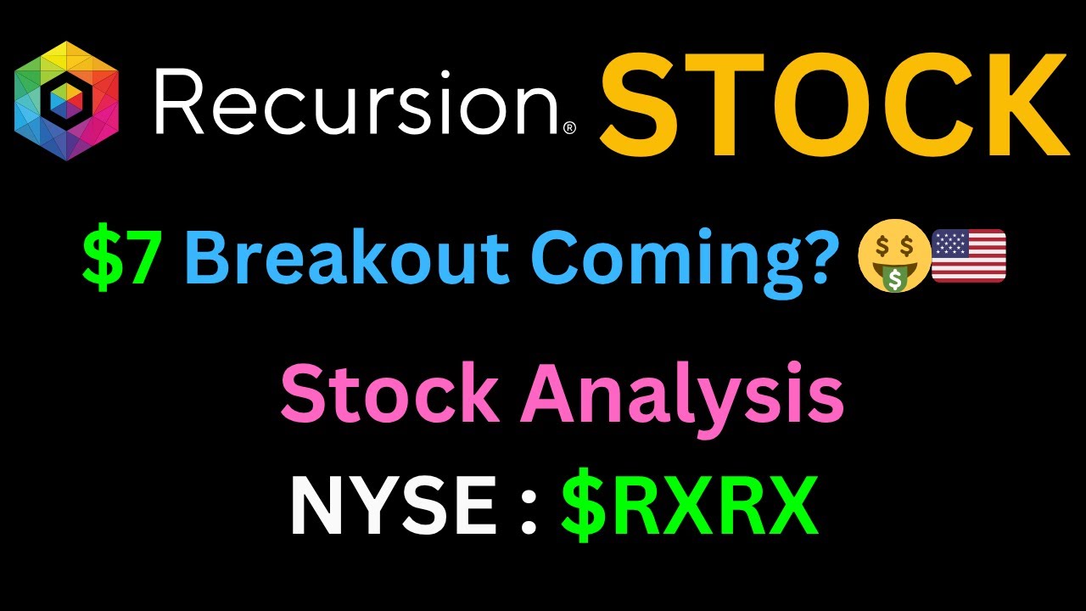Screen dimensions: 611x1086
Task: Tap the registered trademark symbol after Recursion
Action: [569, 127]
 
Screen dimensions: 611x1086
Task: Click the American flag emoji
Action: [968, 256]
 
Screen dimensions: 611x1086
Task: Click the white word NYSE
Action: [393, 505]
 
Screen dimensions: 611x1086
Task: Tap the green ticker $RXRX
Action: [689, 505]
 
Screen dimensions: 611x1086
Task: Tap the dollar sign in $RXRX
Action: [584, 505]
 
